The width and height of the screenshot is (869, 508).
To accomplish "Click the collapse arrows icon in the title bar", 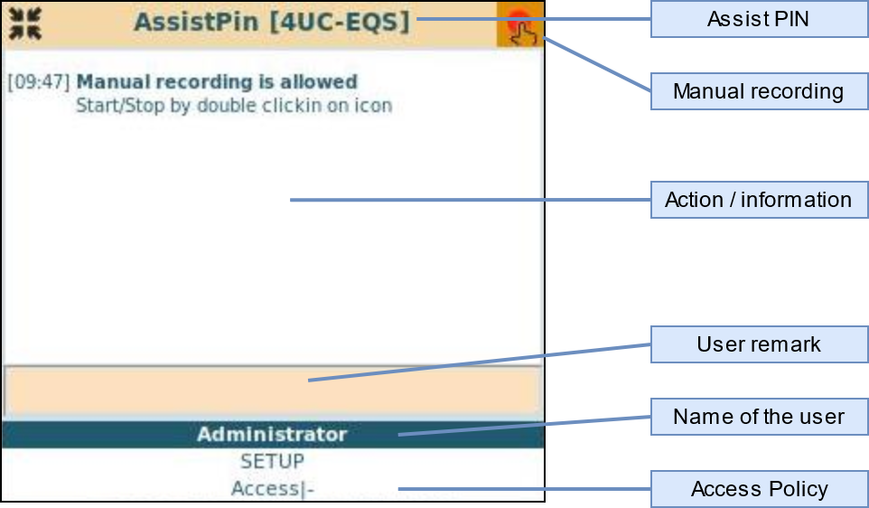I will click(x=24, y=24).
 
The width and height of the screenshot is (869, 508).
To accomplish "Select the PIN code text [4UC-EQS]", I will click(x=339, y=22).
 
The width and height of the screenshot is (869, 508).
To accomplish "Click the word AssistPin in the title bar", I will click(x=198, y=22).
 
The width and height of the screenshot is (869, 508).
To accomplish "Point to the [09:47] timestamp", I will click(x=38, y=82).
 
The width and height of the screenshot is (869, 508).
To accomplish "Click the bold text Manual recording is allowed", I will click(x=217, y=82).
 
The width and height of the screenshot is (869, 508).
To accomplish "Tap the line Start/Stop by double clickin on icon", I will click(x=234, y=105).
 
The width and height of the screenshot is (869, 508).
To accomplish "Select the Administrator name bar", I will click(x=272, y=435).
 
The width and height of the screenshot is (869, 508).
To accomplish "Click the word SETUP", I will click(x=272, y=462).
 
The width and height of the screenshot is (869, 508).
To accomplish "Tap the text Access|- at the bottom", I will click(x=272, y=489).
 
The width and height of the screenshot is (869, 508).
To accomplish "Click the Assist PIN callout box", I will click(x=759, y=19).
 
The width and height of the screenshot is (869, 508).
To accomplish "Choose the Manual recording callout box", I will click(x=759, y=91).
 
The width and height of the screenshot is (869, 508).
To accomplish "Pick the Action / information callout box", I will click(x=759, y=200).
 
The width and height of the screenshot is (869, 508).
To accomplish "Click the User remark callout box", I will click(x=759, y=344).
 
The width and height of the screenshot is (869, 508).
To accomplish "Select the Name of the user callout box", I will click(x=759, y=417).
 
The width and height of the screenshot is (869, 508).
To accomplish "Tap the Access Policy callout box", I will click(x=759, y=489).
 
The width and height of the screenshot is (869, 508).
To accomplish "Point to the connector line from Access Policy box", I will click(x=524, y=489).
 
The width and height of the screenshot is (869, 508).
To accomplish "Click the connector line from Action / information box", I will click(x=470, y=200).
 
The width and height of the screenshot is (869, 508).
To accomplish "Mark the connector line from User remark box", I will click(x=479, y=362).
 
